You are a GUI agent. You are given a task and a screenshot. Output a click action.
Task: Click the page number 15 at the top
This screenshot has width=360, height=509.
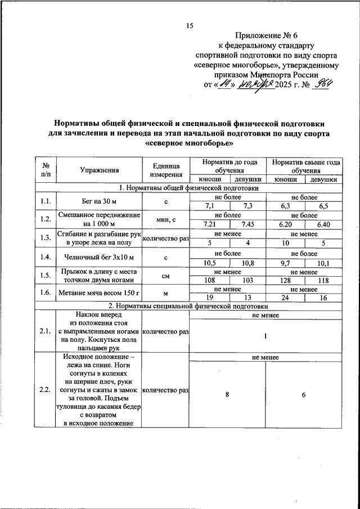[x=190, y=25]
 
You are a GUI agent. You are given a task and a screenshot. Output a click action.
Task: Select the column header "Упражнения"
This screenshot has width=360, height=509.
[x=99, y=169]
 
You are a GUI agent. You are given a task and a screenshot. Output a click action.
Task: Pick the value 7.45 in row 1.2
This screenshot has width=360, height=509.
[x=247, y=224]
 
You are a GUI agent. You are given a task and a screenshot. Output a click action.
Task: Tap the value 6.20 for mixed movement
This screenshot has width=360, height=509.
[x=285, y=224]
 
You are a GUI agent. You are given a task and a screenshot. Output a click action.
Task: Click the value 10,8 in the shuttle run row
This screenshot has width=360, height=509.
[x=247, y=262]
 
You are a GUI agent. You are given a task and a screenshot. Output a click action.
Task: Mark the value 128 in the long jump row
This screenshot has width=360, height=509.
[x=285, y=280]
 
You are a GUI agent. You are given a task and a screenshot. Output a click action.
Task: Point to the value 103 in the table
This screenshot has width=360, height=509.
[x=247, y=280]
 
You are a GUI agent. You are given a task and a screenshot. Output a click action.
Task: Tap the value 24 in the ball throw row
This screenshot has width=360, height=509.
[x=285, y=299]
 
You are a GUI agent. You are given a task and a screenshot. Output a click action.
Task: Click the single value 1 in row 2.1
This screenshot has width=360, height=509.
[x=265, y=336]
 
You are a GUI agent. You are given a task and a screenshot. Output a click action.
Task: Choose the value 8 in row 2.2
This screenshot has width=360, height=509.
[x=227, y=395]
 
